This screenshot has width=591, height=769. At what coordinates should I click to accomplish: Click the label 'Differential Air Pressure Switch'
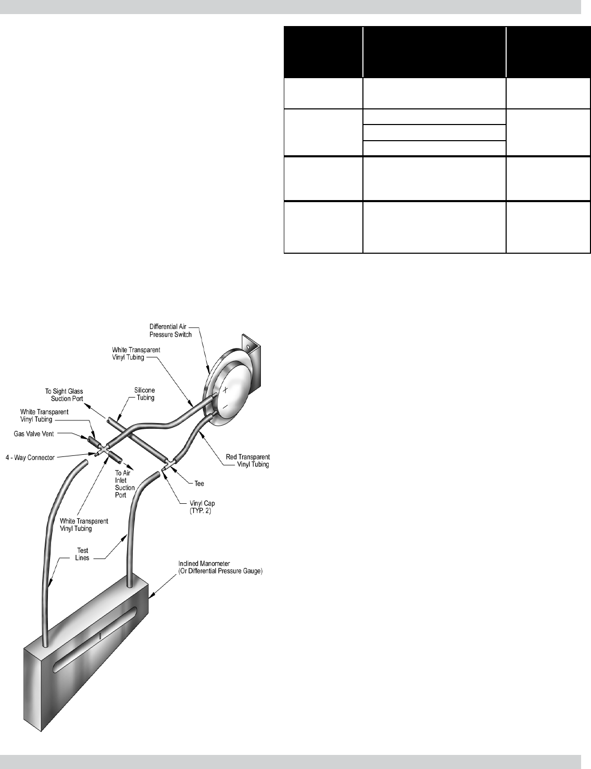pos(179,330)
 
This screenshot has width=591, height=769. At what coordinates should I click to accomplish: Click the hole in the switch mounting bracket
pos(249,346)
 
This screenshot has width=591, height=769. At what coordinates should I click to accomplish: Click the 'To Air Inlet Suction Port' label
pos(125,484)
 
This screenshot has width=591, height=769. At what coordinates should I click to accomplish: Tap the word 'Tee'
pos(199,484)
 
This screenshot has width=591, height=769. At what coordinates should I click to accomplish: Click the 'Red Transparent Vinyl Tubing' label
pos(247,461)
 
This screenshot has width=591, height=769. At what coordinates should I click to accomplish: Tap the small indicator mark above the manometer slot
pos(99,637)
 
